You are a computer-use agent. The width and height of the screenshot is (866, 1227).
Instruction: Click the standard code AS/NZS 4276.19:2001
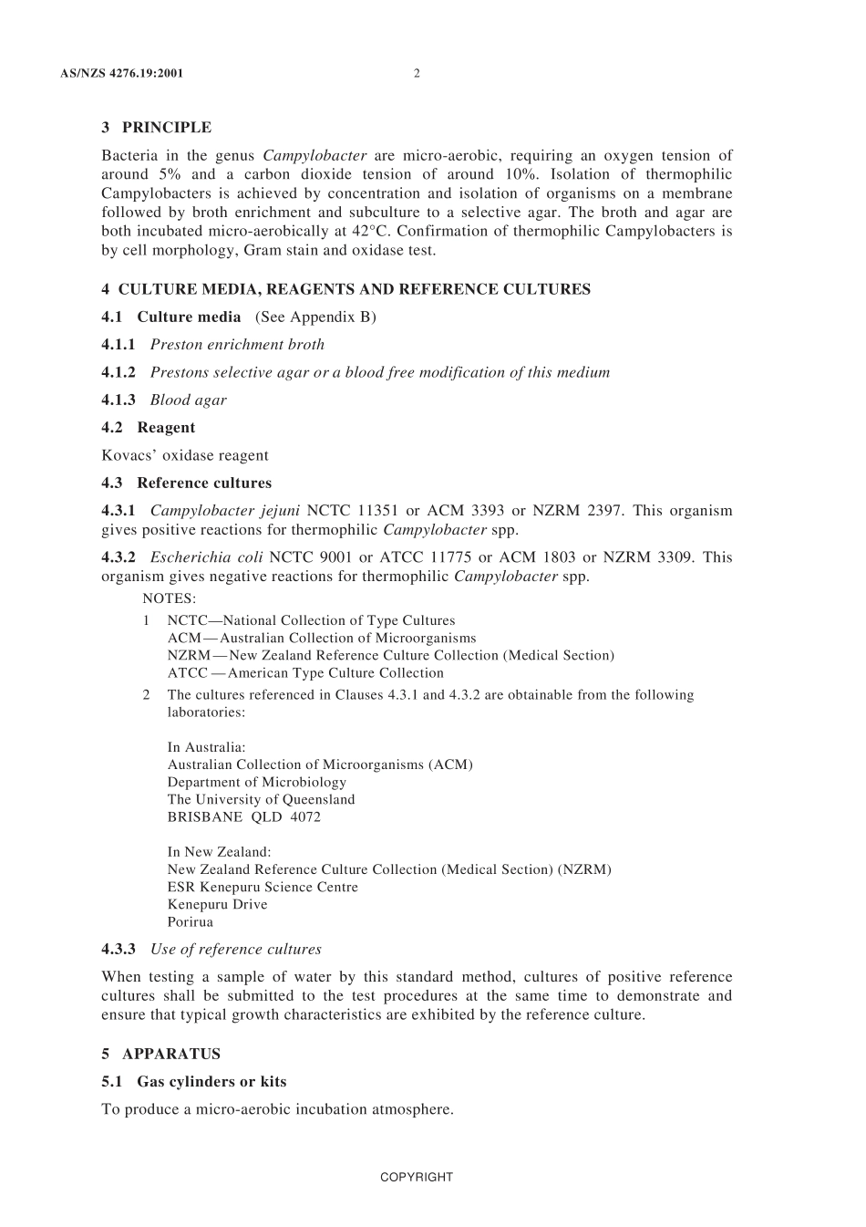pos(121,74)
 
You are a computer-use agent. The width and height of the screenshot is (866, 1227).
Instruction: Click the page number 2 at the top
pos(417,74)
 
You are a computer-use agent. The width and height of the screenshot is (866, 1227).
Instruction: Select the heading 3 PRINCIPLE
pos(156,128)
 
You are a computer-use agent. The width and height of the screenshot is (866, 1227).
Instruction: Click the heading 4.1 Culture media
pos(171,317)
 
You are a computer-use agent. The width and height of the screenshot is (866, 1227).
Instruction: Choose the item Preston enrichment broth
pos(237,345)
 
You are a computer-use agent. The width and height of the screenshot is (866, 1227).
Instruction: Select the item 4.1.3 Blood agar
pos(164,400)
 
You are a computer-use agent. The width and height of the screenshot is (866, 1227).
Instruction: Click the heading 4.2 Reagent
pos(149,428)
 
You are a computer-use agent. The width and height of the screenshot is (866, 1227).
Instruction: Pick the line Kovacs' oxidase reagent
pos(185,455)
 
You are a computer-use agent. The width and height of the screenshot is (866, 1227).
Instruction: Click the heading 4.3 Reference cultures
pos(187,484)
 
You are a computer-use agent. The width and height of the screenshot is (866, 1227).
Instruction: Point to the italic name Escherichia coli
pos(206,557)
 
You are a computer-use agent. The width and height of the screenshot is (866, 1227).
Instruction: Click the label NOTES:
pos(170,599)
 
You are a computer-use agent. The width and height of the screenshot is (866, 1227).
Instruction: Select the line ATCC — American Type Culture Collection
pos(305,673)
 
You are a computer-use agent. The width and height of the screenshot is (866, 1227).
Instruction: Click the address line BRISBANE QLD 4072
pos(243,817)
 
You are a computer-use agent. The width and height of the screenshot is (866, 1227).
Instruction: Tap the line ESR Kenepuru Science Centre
pos(263,888)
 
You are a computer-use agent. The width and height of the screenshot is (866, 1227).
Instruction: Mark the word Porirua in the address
pos(190,922)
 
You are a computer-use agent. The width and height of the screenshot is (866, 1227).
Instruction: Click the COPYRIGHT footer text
pos(416,1178)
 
